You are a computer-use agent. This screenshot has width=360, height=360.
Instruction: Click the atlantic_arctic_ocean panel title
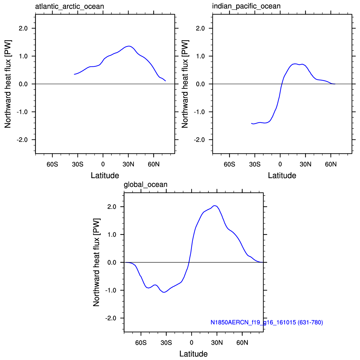[69, 7]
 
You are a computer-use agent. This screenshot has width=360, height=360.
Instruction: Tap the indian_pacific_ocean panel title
[246, 6]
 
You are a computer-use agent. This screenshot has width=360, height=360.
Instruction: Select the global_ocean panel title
[146, 185]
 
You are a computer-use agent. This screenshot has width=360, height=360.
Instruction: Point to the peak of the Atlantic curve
[129, 46]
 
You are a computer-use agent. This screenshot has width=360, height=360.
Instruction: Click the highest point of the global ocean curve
[215, 206]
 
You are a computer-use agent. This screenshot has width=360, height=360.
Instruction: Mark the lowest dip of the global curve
[164, 292]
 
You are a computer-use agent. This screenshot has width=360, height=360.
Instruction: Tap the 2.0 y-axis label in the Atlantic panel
[23, 28]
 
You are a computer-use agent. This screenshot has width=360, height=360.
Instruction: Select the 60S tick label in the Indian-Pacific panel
[229, 164]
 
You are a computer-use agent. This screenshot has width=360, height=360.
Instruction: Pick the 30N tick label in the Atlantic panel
[128, 164]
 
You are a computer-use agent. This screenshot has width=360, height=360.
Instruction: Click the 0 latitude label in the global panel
[192, 343]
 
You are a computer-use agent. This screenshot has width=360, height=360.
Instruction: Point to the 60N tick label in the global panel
[242, 343]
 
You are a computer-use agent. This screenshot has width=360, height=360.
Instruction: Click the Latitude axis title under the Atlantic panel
[105, 175]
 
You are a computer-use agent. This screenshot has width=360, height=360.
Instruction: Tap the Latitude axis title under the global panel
[193, 354]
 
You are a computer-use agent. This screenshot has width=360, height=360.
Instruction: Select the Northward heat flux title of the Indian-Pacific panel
[185, 84]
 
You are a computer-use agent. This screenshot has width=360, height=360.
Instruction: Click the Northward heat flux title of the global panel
[96, 262]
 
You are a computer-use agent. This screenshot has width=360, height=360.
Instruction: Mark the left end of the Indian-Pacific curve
[251, 123]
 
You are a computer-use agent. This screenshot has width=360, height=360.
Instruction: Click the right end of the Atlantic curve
[165, 81]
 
